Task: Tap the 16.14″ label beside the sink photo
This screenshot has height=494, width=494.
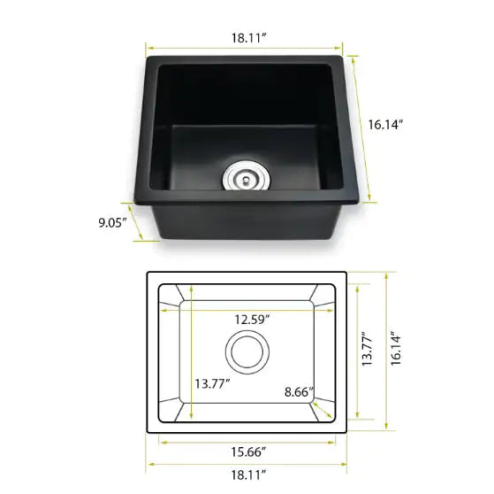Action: (386, 125)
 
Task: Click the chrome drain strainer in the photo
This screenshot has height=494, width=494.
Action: (244, 176)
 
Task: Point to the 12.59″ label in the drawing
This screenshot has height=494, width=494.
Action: (253, 319)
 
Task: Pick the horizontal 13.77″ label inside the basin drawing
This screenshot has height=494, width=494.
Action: (213, 383)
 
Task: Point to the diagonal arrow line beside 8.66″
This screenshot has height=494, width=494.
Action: (323, 408)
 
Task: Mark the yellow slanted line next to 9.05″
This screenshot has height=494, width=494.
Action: (140, 223)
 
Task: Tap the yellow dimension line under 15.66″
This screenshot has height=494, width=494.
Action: (247, 439)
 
